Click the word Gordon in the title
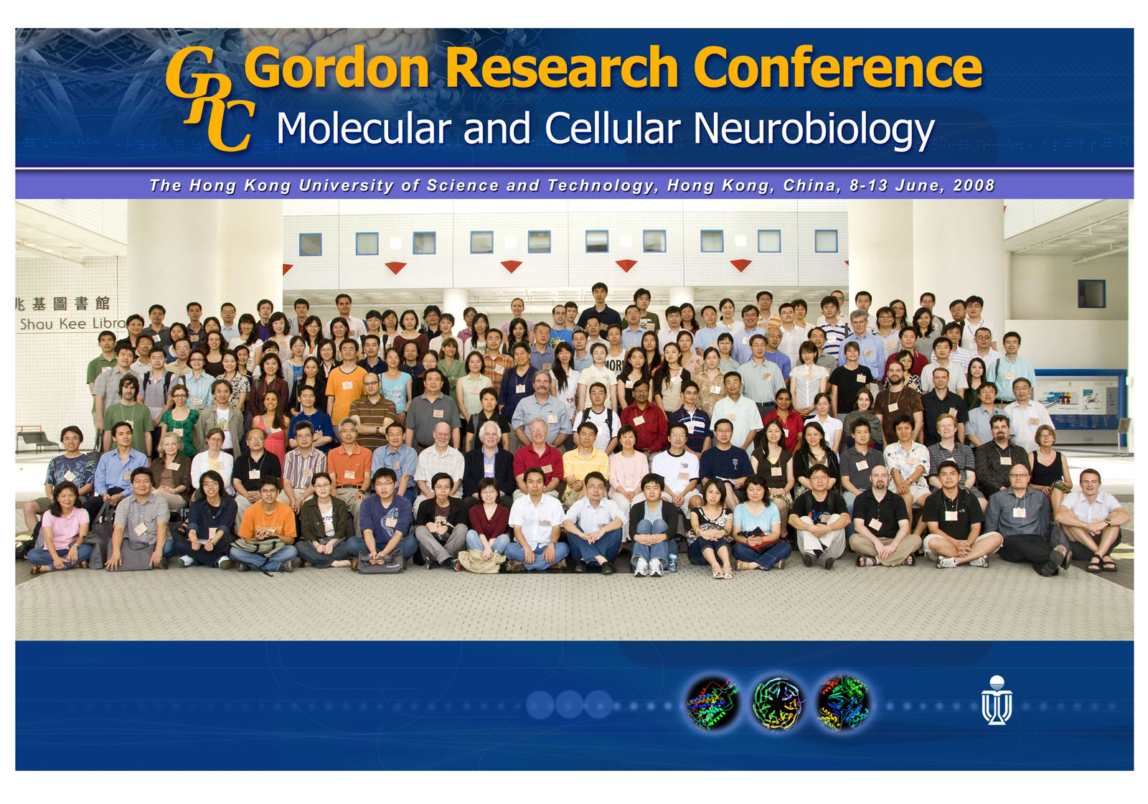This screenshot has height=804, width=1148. (x=337, y=68)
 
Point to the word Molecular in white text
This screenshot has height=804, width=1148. (x=364, y=129)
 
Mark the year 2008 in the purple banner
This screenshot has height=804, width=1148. (x=974, y=185)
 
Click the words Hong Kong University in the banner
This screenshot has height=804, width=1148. (x=291, y=185)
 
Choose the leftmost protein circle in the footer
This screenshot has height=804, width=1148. (x=712, y=703)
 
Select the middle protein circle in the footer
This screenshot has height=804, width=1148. (x=778, y=703)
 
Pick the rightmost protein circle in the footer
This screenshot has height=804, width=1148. (x=843, y=703)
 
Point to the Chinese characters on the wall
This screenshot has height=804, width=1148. (x=65, y=304)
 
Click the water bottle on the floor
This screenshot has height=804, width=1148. (x=672, y=563)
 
